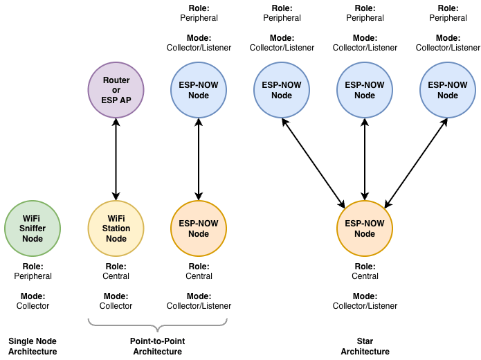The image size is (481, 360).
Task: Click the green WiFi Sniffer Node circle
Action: tap(33, 228)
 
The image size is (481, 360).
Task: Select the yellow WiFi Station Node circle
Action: tap(116, 228)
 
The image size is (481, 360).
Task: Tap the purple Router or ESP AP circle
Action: tap(116, 90)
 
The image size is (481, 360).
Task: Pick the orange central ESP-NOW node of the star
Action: tap(365, 228)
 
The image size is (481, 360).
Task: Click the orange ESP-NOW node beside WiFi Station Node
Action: tap(199, 228)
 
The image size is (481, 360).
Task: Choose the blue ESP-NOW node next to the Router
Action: tap(199, 90)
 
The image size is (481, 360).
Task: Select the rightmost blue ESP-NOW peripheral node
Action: tap(448, 90)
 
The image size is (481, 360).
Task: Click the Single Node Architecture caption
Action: tap(33, 346)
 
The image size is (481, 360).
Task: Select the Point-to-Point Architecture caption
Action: tap(157, 346)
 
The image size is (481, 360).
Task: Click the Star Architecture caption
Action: tap(365, 346)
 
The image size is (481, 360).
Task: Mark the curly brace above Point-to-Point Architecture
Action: tap(158, 324)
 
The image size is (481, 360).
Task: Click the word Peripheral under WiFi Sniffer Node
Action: tap(33, 276)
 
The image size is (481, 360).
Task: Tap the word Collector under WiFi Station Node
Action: tap(116, 306)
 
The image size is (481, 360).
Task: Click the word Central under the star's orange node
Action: tap(365, 276)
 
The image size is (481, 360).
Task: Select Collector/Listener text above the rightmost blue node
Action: tap(448, 48)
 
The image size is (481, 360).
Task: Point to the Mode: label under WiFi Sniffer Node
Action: tap(33, 296)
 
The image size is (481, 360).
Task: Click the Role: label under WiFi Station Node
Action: tap(116, 266)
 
